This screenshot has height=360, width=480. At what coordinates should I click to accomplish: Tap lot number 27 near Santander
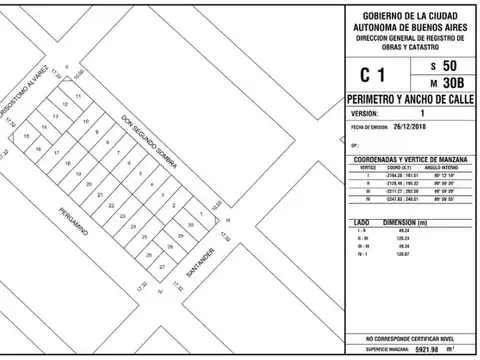(162, 268)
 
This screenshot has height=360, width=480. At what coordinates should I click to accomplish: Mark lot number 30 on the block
(190, 226)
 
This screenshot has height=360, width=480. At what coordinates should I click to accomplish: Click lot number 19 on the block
(77, 173)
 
